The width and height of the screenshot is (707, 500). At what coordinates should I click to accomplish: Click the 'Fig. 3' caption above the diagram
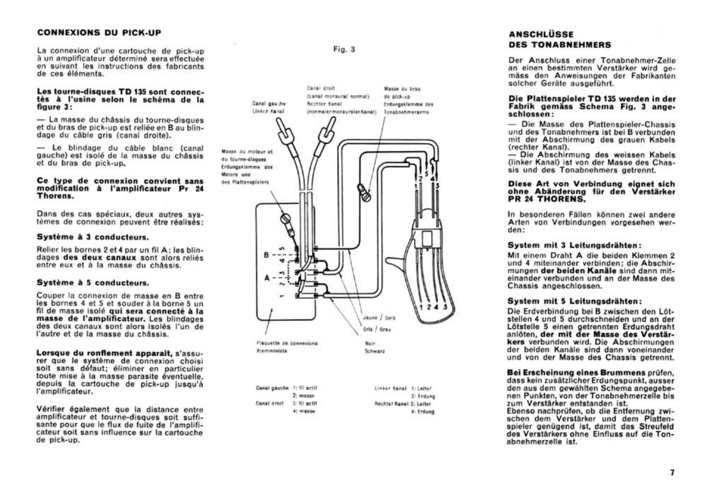tap(344, 49)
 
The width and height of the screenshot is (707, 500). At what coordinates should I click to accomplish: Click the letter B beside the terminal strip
tap(266, 255)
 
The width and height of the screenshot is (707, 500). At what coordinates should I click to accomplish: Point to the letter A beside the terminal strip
tap(267, 278)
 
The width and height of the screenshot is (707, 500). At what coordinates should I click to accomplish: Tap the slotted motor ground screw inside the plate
tap(285, 219)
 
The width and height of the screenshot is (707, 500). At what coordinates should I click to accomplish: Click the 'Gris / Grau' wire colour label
tap(377, 329)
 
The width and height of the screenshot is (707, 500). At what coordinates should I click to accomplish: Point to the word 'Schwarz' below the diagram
tap(375, 351)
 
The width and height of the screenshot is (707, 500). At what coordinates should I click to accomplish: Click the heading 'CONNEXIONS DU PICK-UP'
tap(99, 33)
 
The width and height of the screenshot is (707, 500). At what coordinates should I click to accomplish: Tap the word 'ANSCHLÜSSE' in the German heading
tap(541, 35)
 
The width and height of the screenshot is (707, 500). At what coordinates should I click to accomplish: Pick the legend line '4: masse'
tap(304, 411)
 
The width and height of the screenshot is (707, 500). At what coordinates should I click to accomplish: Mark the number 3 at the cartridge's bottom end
tap(445, 306)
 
